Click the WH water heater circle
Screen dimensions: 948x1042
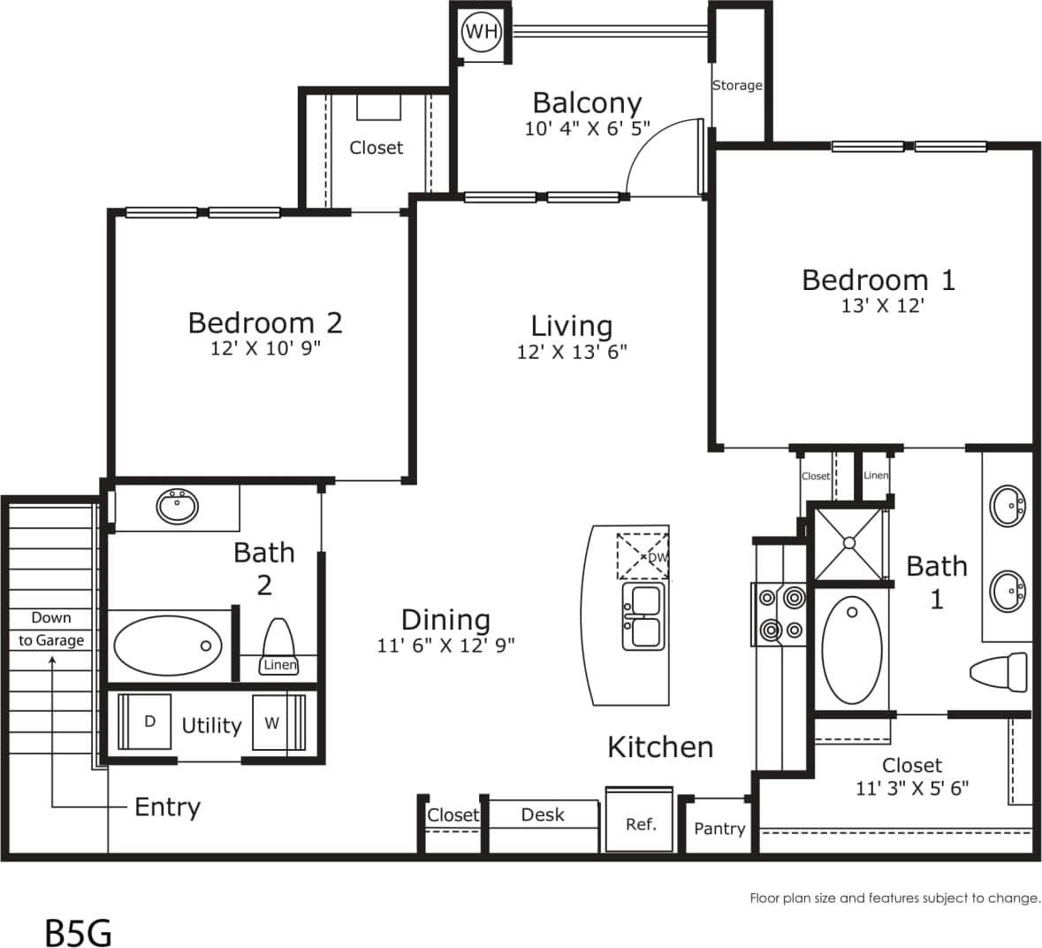click(x=482, y=33)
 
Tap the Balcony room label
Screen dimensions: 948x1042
click(x=587, y=103)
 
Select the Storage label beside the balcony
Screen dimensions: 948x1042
click(x=737, y=86)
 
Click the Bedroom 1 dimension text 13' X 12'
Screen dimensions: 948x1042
click(x=882, y=306)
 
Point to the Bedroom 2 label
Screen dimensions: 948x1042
click(x=264, y=322)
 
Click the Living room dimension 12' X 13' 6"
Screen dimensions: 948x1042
click(x=571, y=352)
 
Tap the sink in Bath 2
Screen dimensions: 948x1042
click(x=177, y=507)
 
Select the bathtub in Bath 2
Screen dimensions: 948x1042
click(x=168, y=646)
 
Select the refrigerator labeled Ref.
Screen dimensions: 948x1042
click(x=640, y=824)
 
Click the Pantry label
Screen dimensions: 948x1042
click(x=719, y=829)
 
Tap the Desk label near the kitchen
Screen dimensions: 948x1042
click(x=543, y=814)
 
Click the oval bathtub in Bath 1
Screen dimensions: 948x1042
click(x=852, y=649)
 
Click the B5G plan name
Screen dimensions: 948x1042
click(x=78, y=933)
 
